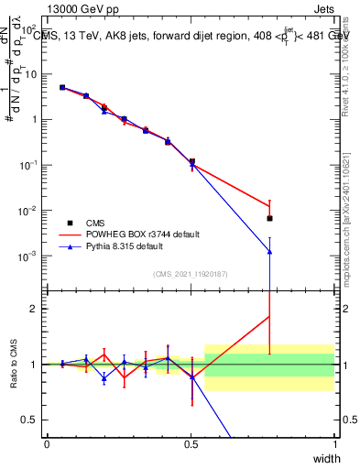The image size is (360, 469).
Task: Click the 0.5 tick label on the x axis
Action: [x=191, y=443]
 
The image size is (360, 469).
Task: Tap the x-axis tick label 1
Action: [x=335, y=443]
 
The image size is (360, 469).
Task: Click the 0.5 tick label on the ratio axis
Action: [x=31, y=420]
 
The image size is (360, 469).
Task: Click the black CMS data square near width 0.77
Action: [x=269, y=218]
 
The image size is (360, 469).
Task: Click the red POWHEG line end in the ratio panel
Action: [x=269, y=317]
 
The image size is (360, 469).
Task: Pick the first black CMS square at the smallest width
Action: [x=62, y=88]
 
